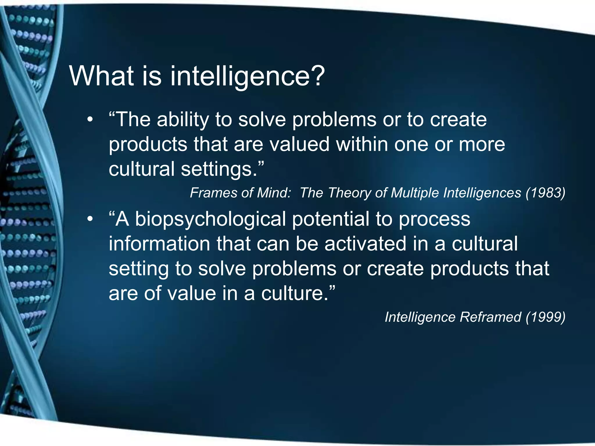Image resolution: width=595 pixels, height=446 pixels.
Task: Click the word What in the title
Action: point(101,76)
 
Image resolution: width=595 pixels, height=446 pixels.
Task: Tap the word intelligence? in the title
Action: point(247,76)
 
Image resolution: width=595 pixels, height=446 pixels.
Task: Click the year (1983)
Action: point(545,193)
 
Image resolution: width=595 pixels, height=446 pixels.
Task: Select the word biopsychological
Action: point(211,220)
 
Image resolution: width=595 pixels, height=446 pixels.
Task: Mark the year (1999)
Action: point(545,317)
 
